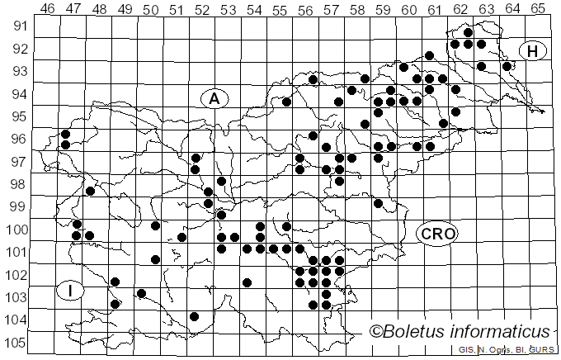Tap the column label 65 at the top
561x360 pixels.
538,8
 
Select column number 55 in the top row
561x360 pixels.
280,8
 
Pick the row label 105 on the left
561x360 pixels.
16,343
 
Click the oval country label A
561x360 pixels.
214,98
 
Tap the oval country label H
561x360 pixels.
533,51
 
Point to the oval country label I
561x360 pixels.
72,291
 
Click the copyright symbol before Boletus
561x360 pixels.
376,332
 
